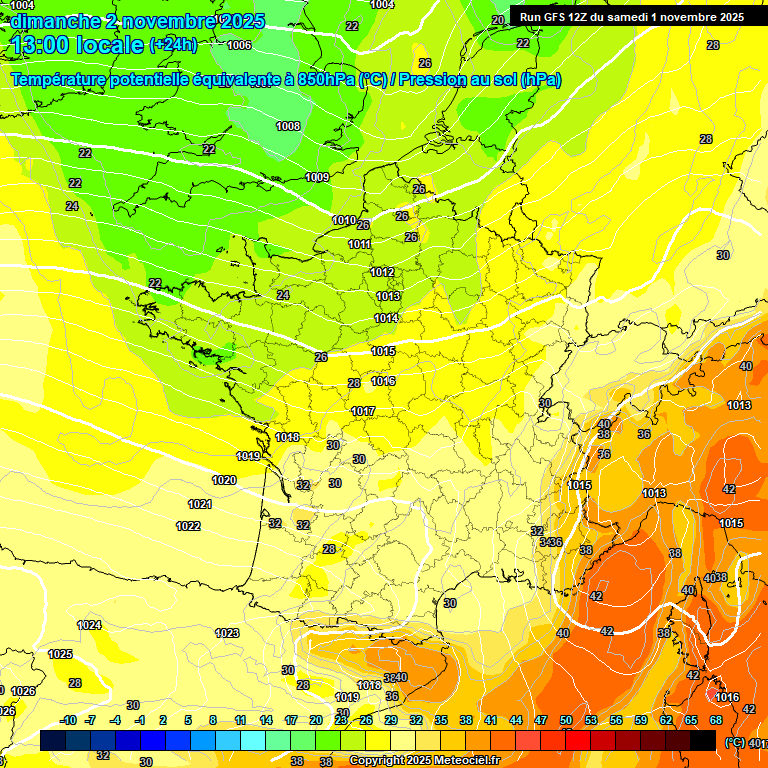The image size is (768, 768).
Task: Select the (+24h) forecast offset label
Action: coord(173,45)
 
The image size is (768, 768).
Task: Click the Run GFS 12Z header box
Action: coord(631,17)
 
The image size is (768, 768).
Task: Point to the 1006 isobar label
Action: coord(239,45)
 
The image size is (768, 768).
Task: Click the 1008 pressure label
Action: coord(288,126)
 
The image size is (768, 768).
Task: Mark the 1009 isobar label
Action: coord(317,177)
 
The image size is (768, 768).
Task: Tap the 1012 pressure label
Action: coord(382,272)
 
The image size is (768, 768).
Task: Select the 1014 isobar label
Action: coord(386,318)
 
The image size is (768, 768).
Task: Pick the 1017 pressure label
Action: coord(363,411)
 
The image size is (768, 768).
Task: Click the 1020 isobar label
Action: coord(224,480)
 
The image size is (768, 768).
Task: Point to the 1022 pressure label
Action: coord(188,526)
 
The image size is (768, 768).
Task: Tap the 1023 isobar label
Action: coord(227,633)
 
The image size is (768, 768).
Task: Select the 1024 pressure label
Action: coord(89,625)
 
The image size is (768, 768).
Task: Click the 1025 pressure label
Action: coord(60,654)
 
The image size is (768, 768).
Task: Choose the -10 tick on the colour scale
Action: coord(68,720)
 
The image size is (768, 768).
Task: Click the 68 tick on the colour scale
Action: coord(715,720)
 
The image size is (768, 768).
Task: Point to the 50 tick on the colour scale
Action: coord(566,720)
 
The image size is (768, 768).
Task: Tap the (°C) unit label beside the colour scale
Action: coord(734,741)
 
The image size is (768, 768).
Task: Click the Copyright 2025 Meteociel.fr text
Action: coord(423,760)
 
